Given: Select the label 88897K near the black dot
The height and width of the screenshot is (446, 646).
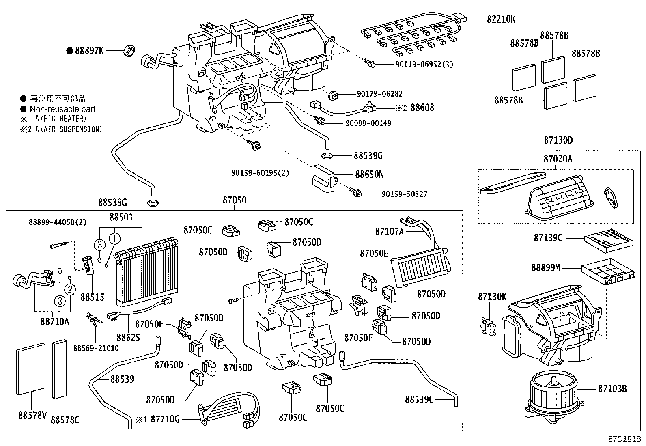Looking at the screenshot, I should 89,51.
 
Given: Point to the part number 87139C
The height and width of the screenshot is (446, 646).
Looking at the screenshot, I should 548,238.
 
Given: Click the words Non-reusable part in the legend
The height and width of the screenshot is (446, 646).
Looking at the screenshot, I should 62,109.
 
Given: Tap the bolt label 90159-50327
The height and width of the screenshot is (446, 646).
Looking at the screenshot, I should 404,194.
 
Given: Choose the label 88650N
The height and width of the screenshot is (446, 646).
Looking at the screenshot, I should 369,174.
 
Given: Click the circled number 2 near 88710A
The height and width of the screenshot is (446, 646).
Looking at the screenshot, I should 70,289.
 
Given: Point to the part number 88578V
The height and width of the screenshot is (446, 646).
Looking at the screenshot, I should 32,415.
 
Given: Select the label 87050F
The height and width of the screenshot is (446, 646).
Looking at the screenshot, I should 358,338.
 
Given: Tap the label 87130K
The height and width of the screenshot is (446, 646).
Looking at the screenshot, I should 492,297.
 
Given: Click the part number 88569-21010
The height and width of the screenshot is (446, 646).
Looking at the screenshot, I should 96,348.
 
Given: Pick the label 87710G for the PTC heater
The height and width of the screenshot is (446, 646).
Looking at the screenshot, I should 165,419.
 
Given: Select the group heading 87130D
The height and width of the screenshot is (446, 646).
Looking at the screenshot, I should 558,140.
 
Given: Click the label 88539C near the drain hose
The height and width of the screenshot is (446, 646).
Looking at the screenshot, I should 419,399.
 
